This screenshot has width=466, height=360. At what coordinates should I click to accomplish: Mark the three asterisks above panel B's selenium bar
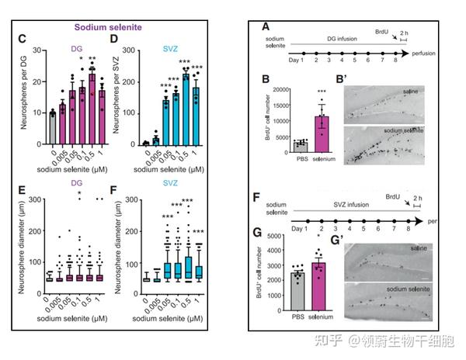point(322,91)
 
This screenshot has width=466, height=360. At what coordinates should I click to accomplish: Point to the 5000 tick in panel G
point(272,236)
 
